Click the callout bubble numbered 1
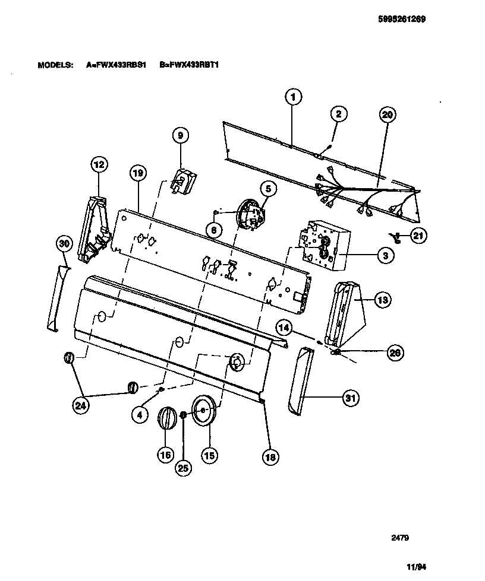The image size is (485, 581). pyautogui.click(x=293, y=97)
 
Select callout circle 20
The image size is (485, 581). pyautogui.click(x=388, y=115)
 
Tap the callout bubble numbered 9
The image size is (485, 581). pyautogui.click(x=181, y=136)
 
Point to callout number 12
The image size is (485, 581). pyautogui.click(x=98, y=164)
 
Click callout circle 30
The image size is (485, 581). pyautogui.click(x=64, y=244)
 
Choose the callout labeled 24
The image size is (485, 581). pyautogui.click(x=80, y=405)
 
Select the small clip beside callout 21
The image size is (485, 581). pyautogui.click(x=395, y=237)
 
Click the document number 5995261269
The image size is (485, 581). pyautogui.click(x=402, y=18)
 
